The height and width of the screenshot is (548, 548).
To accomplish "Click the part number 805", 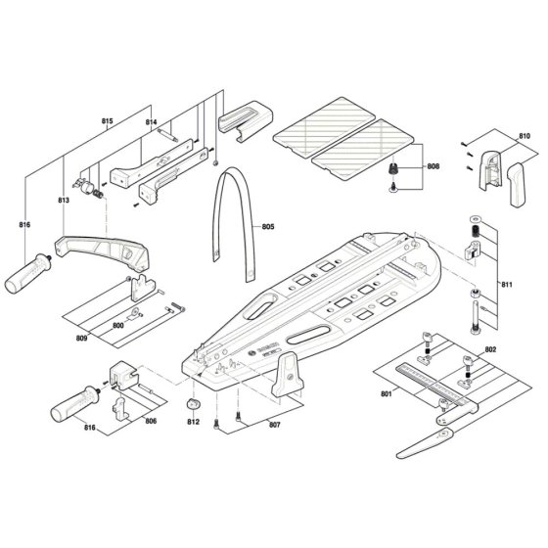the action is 268,226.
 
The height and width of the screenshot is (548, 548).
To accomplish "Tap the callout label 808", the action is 433,166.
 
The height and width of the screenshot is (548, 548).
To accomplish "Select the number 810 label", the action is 524,136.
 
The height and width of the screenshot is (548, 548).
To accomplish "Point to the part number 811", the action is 506,285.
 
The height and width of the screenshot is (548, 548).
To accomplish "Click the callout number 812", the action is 193,422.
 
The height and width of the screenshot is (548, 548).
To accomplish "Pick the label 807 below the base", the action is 274,425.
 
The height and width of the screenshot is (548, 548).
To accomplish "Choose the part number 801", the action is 387,394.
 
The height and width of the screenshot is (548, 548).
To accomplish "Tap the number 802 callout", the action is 490,349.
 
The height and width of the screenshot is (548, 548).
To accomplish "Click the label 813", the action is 64,200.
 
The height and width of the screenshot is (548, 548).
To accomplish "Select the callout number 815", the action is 108,121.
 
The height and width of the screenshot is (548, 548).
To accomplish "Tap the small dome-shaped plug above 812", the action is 194,403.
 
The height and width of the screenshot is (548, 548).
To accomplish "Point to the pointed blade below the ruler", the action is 426,443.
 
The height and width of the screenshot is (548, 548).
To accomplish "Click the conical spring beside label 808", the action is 393,168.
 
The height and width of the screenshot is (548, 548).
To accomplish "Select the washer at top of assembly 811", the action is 476,219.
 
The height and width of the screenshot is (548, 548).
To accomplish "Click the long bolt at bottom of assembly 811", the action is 475,316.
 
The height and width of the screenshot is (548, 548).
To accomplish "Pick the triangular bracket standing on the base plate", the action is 288,375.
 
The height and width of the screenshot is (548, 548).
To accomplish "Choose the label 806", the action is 151,421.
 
